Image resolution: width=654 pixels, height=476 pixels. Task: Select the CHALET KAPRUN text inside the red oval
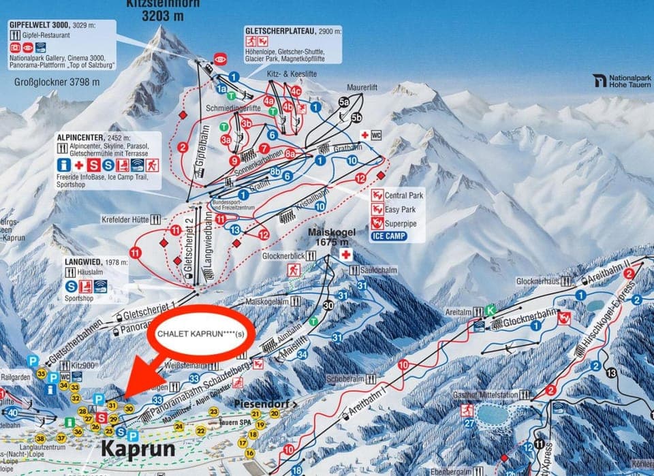[x=200, y=334]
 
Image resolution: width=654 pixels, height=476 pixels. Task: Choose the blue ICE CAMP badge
[x=389, y=236]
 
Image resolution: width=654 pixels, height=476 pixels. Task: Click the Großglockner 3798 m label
[x=57, y=82]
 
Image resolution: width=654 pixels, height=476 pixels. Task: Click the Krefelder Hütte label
[x=118, y=219]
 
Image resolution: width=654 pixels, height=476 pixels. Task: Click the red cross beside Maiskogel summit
[x=346, y=255]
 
